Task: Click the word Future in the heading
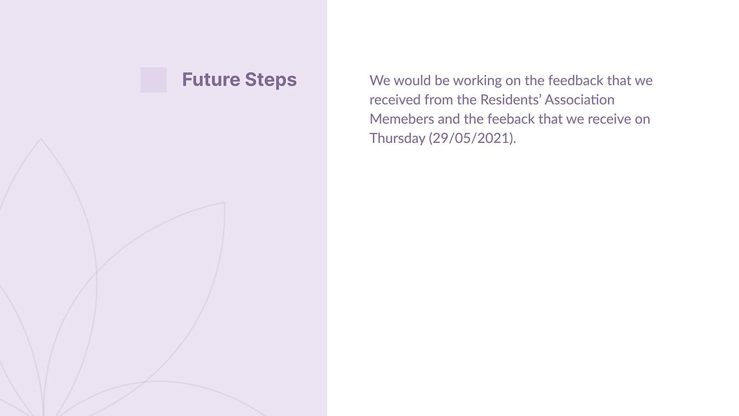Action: (211, 79)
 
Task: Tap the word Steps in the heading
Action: (271, 80)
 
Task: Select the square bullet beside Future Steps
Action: (154, 80)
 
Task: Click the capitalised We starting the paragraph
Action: (380, 80)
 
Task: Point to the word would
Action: (412, 80)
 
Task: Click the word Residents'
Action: (510, 100)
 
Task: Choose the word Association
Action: (580, 100)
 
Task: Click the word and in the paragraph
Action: (449, 119)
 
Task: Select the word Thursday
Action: (397, 139)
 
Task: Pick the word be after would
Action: (442, 80)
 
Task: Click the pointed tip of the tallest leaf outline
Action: (40, 139)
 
